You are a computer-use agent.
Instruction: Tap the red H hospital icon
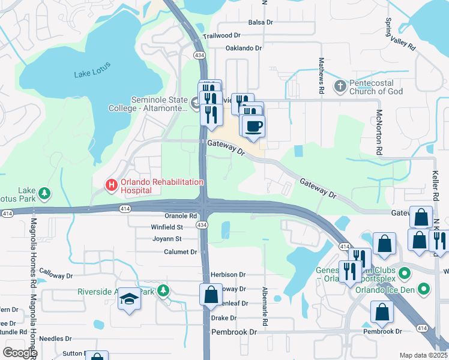[x=111, y=185]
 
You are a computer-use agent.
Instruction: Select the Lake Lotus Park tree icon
[x=44, y=194]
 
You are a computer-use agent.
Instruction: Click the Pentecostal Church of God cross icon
[x=340, y=86]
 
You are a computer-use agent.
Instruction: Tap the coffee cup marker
[x=253, y=127]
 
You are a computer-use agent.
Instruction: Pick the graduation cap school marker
[x=128, y=299]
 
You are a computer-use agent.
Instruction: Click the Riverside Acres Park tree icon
[x=163, y=292]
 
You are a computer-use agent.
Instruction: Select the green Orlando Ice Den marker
[x=424, y=289]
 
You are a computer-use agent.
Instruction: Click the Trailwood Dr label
[x=221, y=36]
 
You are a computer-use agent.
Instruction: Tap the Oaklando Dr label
[x=244, y=48]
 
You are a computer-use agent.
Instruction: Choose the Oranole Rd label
[x=181, y=215]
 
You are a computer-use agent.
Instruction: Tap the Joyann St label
[x=166, y=239]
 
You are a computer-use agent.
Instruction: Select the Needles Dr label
[x=56, y=338]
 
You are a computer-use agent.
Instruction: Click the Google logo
[x=20, y=352]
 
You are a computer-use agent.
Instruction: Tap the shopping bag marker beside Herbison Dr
[x=211, y=295]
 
